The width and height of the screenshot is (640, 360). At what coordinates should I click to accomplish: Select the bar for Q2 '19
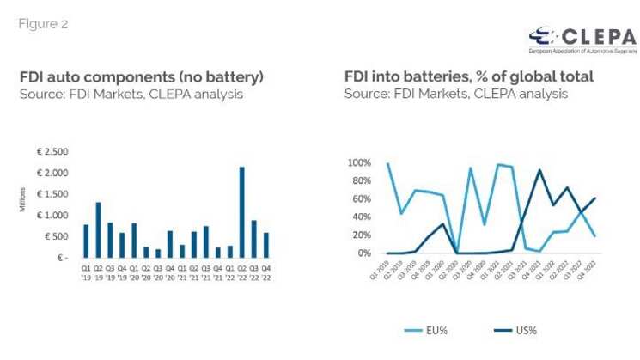click(98, 229)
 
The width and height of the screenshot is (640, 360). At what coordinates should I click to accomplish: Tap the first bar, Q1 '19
click(86, 241)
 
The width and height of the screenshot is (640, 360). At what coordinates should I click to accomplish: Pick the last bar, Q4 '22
click(266, 245)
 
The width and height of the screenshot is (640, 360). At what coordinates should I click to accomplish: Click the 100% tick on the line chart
click(358, 162)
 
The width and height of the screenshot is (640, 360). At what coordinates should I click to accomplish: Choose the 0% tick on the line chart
click(363, 253)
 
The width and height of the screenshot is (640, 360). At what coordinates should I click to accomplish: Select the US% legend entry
click(513, 330)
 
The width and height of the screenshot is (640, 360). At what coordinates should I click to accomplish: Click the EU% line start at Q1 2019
click(387, 163)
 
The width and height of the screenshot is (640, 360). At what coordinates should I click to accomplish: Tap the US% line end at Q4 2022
click(594, 198)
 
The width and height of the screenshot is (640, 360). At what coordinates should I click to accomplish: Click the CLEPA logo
click(582, 38)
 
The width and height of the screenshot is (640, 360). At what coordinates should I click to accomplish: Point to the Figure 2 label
click(43, 24)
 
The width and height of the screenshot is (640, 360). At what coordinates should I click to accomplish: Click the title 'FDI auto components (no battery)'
click(141, 77)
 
